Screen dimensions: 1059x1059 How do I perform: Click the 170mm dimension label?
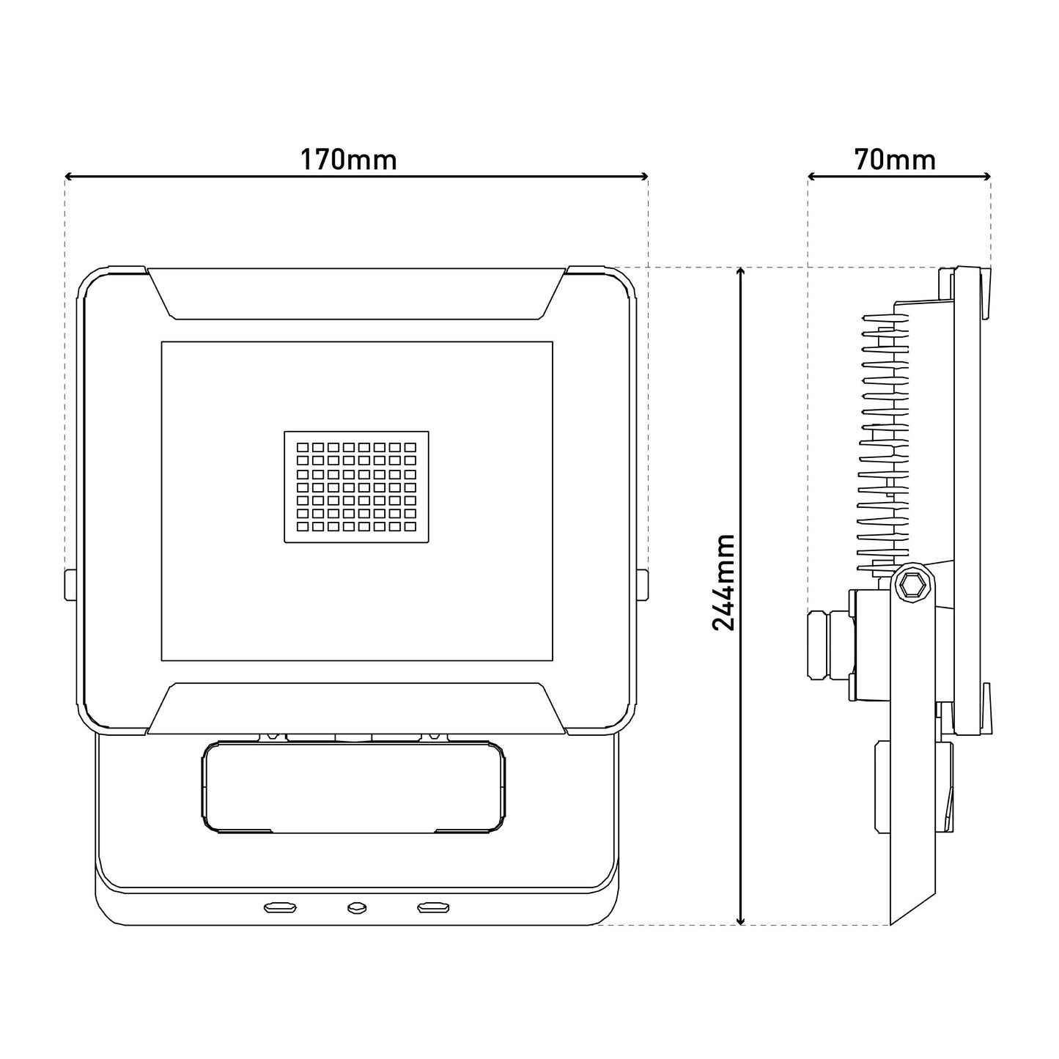[348, 160]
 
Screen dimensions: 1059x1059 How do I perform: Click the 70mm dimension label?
[896, 160]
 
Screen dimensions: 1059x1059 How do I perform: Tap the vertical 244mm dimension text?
[723, 582]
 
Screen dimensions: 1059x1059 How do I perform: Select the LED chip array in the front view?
[356, 487]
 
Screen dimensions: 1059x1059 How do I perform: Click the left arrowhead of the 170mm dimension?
[69, 177]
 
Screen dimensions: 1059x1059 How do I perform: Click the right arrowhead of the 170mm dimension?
[645, 177]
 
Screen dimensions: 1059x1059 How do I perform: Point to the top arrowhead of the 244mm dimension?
[741, 272]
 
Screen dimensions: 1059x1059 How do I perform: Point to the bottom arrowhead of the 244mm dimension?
[741, 920]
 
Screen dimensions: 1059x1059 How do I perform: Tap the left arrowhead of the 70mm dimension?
[812, 177]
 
